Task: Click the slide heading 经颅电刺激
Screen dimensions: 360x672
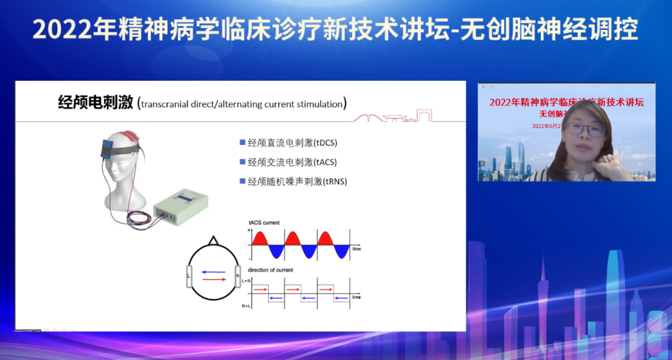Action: [95, 103]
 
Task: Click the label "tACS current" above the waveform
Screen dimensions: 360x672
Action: [264, 223]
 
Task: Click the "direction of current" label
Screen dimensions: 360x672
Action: [271, 270]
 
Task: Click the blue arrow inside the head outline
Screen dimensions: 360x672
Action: [213, 271]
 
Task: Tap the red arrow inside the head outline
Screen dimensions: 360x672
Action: [213, 280]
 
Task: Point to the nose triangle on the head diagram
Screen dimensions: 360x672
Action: [213, 240]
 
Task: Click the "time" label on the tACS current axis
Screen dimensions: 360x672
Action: [357, 249]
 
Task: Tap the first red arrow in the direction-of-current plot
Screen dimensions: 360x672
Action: [261, 289]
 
